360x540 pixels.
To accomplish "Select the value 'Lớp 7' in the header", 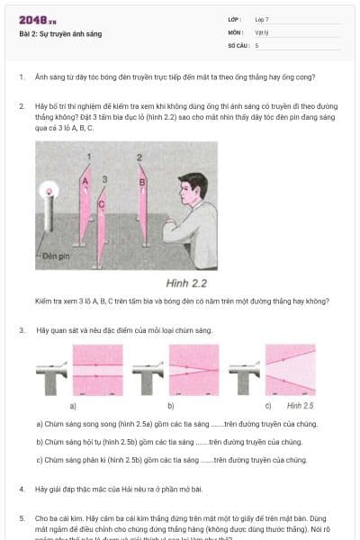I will (262, 19).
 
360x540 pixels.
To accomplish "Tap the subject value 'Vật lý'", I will (262, 31).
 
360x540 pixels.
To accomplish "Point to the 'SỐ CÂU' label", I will (237, 44).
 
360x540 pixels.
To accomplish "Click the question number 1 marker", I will (21, 77).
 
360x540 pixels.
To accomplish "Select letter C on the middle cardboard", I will (101, 204).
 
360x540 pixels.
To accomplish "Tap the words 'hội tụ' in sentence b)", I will (92, 442).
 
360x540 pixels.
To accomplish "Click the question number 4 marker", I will (21, 489).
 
